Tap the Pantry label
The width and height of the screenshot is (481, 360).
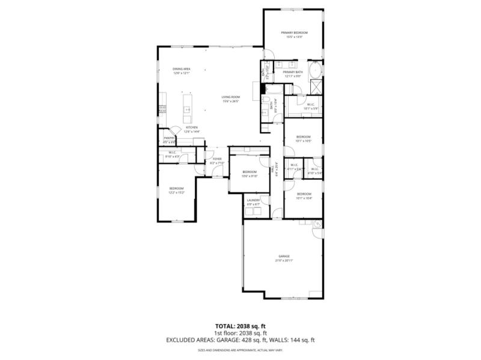click(169, 139)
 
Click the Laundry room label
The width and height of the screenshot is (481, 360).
click(253, 201)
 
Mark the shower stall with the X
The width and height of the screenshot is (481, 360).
click(315, 87)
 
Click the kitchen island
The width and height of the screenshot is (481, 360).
click(187, 109)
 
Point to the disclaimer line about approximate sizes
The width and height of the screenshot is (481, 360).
click(240, 350)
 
